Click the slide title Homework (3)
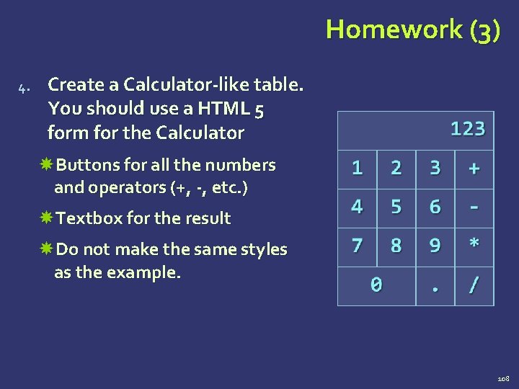(x=412, y=30)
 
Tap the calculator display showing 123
(x=416, y=129)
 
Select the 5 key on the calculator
(x=396, y=207)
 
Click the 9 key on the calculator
(x=435, y=246)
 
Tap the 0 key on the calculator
(x=376, y=285)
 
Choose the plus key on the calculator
(x=474, y=168)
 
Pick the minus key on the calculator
(x=474, y=207)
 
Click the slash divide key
(x=474, y=285)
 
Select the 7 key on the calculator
(x=357, y=246)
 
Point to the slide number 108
(x=503, y=378)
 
